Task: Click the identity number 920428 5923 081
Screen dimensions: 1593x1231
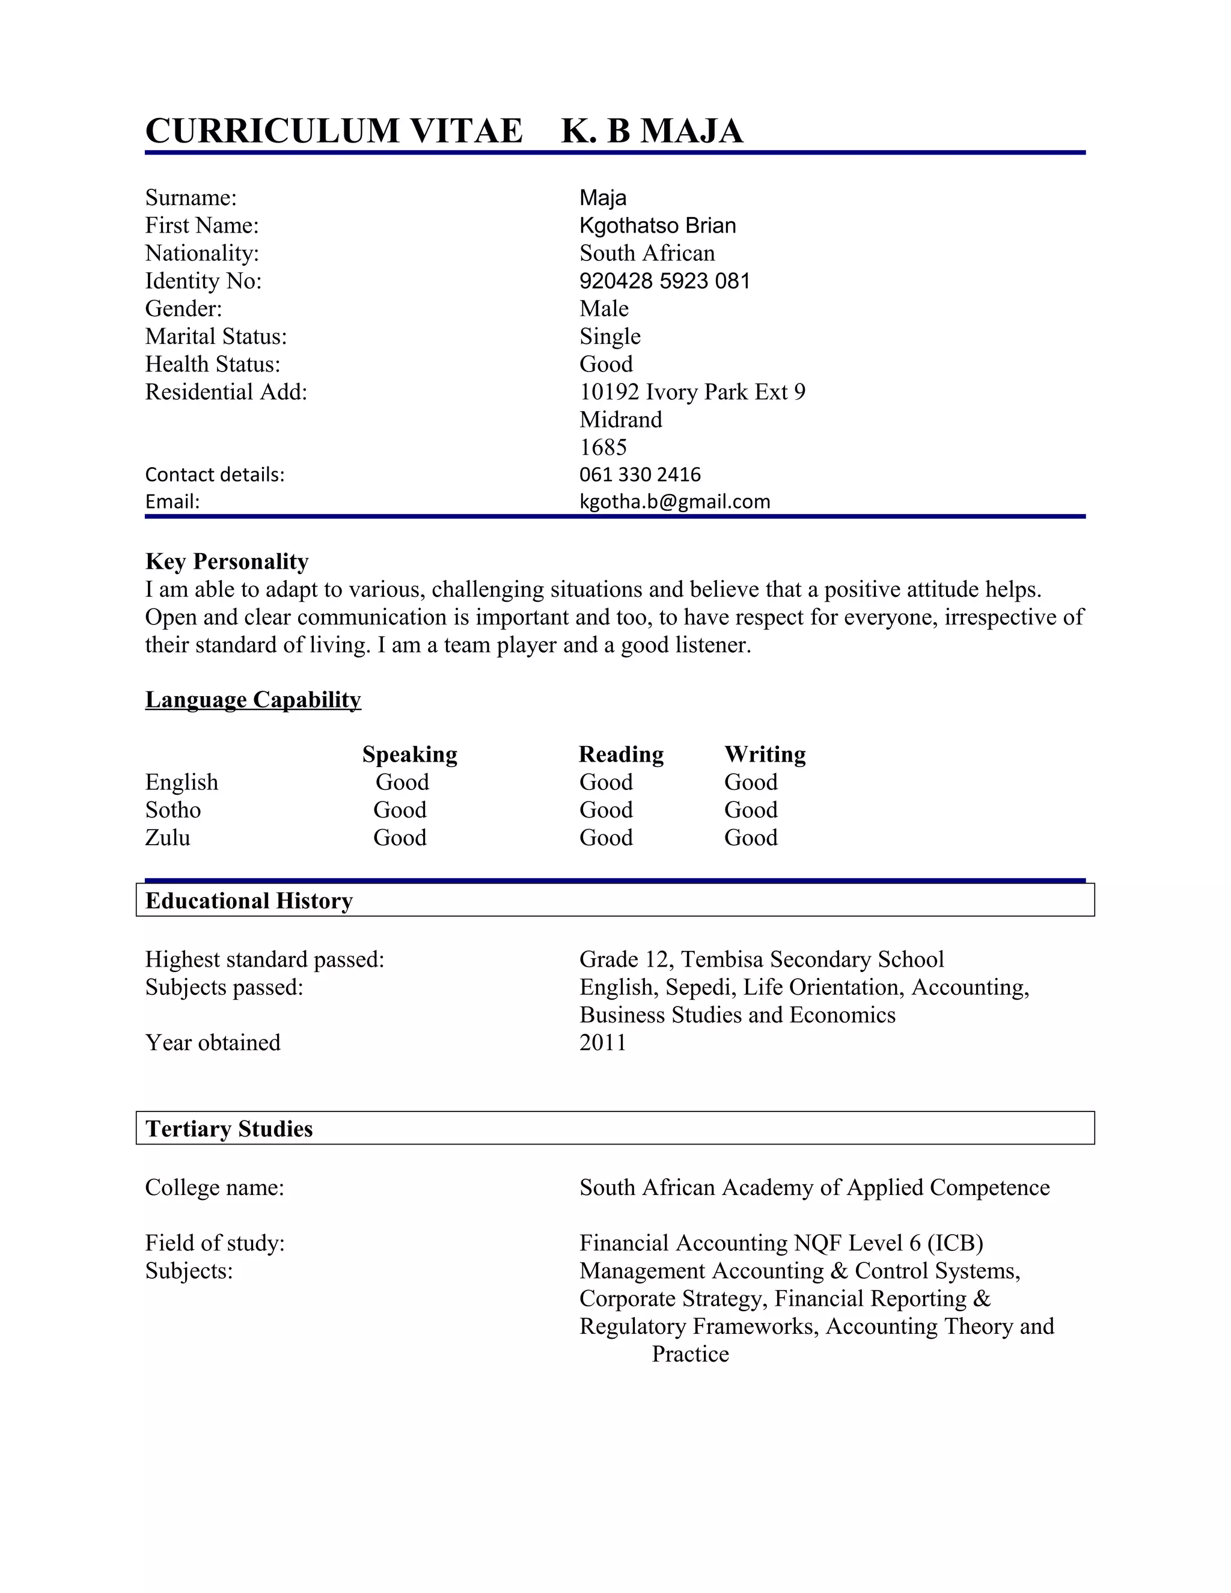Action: pos(664,281)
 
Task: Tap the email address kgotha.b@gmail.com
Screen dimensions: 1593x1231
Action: pos(674,502)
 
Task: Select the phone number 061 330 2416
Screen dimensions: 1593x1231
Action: pos(640,475)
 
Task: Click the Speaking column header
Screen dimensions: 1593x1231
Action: pos(410,754)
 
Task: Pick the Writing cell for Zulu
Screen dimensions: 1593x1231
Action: pos(750,837)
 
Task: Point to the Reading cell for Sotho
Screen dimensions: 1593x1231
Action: pos(606,810)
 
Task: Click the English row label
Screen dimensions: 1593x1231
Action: pos(182,782)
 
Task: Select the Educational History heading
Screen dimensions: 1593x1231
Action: pos(249,901)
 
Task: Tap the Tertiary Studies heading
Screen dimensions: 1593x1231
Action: pos(229,1128)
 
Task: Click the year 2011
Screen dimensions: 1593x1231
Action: pos(602,1042)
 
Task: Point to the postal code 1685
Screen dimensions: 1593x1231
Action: pos(602,447)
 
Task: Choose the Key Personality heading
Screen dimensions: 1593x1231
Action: pos(227,561)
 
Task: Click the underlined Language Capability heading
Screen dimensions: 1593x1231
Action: pos(253,700)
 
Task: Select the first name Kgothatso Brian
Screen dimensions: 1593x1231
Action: pos(657,225)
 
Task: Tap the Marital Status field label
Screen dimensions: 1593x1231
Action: pos(216,336)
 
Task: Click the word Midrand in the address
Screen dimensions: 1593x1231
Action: pos(620,420)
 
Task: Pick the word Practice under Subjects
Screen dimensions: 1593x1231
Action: pos(690,1354)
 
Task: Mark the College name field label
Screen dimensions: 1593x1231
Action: pos(215,1187)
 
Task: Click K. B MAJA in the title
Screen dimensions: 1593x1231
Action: pos(652,131)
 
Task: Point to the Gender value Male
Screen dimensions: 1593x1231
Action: pos(604,308)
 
